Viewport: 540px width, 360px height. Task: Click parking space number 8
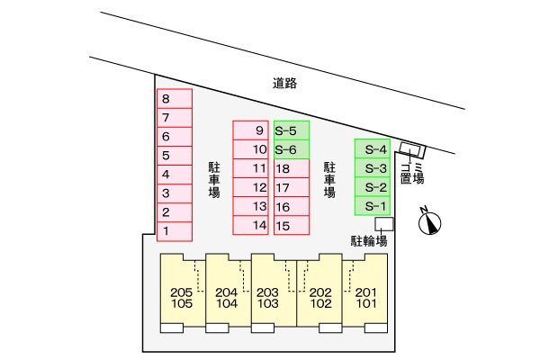[x=175, y=98]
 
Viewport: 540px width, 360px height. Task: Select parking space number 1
[x=175, y=231]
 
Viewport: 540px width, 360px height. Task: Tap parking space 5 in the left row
[x=175, y=156]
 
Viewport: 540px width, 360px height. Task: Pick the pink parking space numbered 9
[x=250, y=130]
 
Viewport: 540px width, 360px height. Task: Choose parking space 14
[x=250, y=225]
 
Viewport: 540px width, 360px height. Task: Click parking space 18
[x=292, y=168]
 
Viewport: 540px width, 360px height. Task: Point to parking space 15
[x=292, y=225]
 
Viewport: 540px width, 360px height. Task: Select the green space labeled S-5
[x=292, y=130]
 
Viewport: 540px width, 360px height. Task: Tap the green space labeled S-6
[x=292, y=149]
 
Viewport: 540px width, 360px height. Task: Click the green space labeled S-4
[x=373, y=148]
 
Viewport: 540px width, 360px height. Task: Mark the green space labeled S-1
[x=373, y=206]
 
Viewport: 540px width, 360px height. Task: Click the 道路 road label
[x=284, y=83]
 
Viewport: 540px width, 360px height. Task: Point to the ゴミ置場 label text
[x=412, y=173]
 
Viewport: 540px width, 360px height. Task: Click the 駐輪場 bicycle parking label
[x=369, y=241]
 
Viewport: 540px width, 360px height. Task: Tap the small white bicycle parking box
[x=384, y=224]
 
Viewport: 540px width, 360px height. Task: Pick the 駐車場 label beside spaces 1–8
[x=214, y=180]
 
